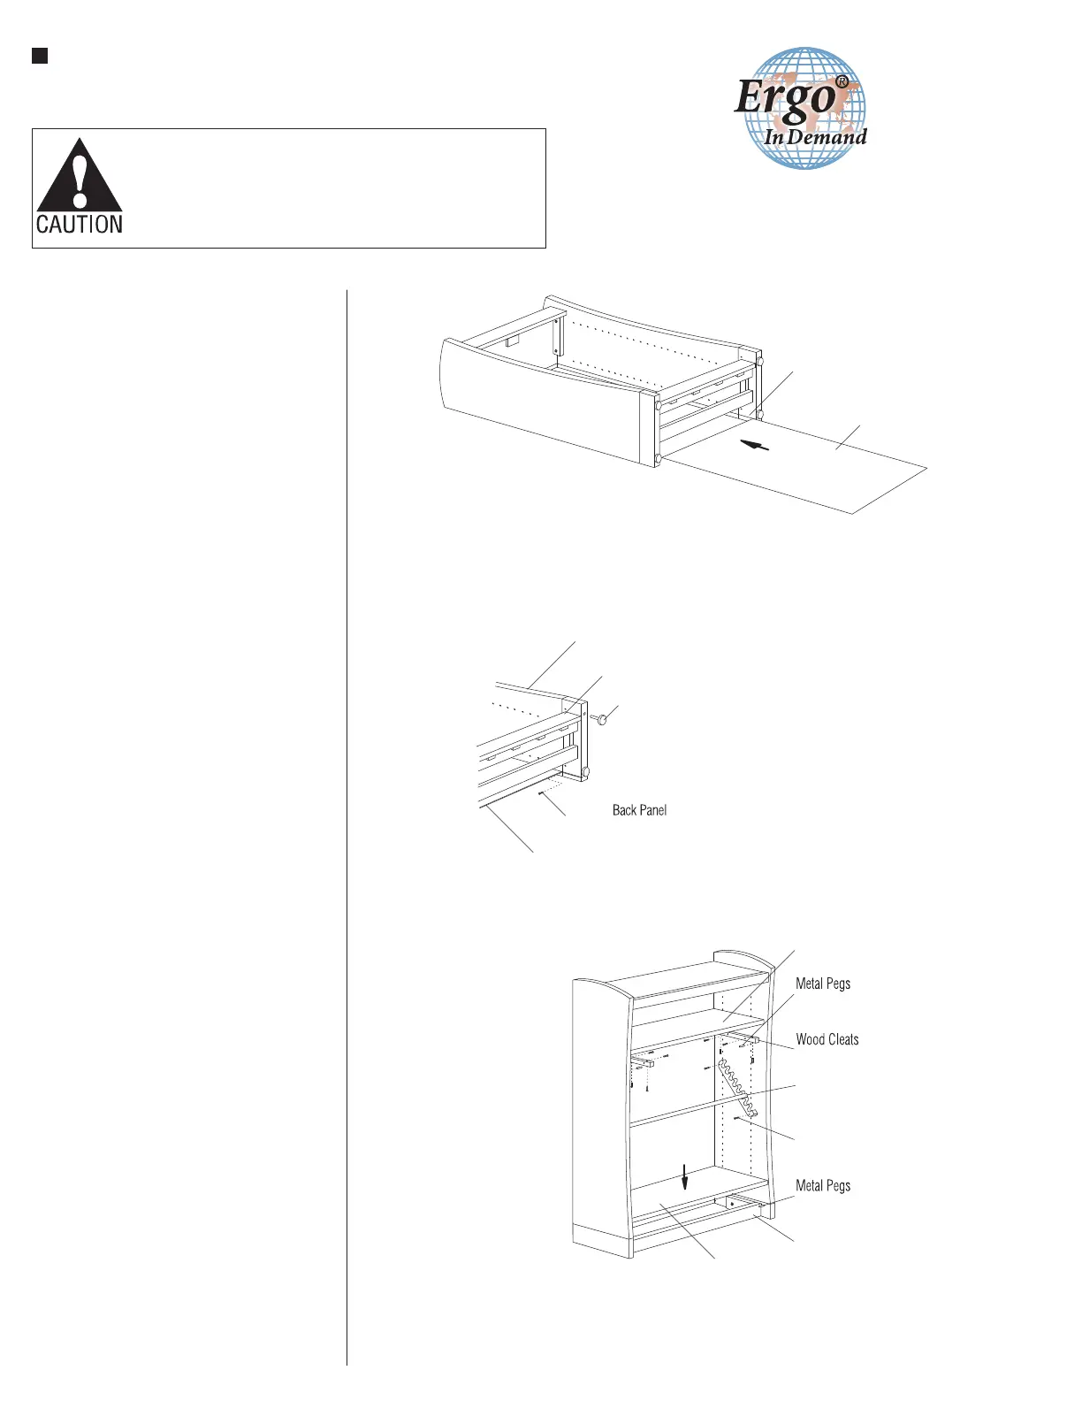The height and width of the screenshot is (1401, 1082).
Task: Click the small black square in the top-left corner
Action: (40, 57)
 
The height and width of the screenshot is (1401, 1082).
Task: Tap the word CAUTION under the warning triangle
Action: (80, 225)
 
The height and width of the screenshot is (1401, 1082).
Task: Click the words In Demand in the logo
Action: (815, 137)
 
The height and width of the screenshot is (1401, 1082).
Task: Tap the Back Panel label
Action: (639, 810)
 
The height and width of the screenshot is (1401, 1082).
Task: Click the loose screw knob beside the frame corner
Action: (599, 720)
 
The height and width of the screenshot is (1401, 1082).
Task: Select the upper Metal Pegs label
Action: (823, 984)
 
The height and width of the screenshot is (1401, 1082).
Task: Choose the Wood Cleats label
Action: (827, 1040)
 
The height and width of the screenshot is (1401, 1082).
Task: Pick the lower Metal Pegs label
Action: (823, 1186)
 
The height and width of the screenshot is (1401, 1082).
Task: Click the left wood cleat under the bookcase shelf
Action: (642, 1058)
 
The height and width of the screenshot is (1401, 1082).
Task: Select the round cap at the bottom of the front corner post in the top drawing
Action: (659, 458)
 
